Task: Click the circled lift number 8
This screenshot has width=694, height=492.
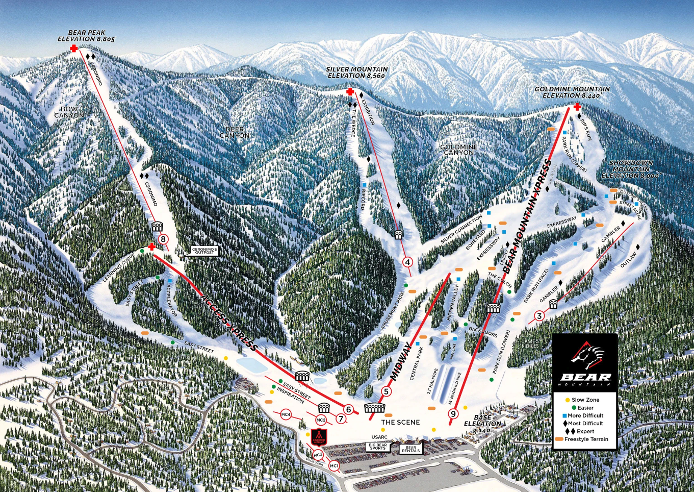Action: [x=163, y=239]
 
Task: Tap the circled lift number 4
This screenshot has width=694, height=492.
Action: [x=407, y=262]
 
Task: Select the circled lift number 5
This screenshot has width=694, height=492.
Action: [x=386, y=392]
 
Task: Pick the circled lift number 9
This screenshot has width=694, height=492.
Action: [x=453, y=414]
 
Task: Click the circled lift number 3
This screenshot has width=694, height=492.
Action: [x=539, y=316]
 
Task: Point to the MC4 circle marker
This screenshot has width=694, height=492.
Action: [x=286, y=415]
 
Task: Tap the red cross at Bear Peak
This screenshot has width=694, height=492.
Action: [x=74, y=48]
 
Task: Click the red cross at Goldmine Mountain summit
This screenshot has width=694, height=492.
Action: [x=577, y=107]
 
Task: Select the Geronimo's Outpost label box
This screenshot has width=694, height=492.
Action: [x=204, y=251]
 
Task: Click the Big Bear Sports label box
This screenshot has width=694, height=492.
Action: [x=378, y=447]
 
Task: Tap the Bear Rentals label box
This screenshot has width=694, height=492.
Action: [x=410, y=449]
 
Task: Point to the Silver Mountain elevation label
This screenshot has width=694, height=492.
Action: [x=357, y=72]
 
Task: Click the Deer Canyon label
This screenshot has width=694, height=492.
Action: [x=235, y=132]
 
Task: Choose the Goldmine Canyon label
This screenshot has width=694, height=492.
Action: [x=459, y=150]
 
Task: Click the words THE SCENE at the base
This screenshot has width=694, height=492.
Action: [x=400, y=422]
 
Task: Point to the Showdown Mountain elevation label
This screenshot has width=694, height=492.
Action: [x=631, y=169]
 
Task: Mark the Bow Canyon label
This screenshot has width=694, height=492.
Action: [x=69, y=112]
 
